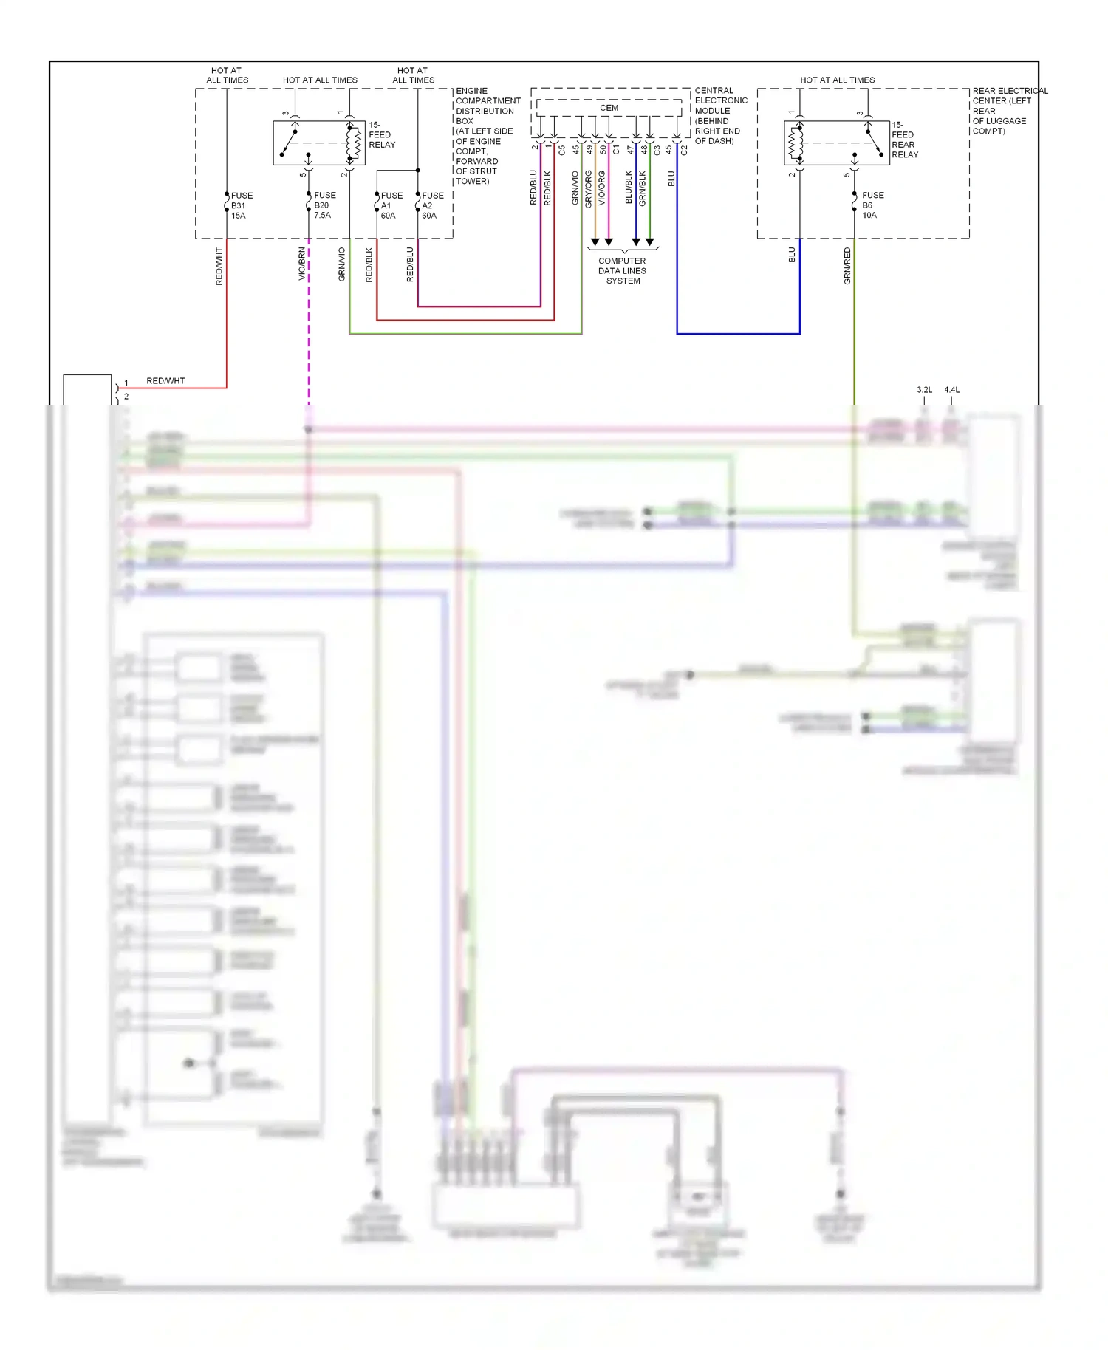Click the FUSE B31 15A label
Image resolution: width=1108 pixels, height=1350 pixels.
[x=241, y=205]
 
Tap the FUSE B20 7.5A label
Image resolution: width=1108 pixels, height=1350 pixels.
[x=324, y=205]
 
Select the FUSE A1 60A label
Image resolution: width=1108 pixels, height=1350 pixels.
[x=391, y=205]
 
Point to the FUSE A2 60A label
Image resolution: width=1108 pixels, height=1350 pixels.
[x=432, y=205]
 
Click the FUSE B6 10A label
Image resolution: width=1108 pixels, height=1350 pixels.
[x=872, y=205]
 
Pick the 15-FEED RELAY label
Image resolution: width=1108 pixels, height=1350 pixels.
[x=381, y=134]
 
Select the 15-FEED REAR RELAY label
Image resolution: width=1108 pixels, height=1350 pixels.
[x=904, y=140]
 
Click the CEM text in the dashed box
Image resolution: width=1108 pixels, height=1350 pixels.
[x=609, y=108]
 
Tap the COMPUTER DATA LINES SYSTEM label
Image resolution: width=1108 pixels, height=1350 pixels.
[x=622, y=271]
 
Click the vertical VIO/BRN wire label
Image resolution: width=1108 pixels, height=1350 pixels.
[x=302, y=264]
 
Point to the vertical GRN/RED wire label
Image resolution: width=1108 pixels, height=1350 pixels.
[x=847, y=266]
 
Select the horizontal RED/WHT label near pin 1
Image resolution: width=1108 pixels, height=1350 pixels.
[x=165, y=381]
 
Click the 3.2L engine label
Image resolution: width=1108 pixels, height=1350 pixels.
[x=924, y=390]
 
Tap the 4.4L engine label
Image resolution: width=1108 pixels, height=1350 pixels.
[x=951, y=390]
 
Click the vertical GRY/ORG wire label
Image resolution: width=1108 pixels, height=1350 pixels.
[x=589, y=189]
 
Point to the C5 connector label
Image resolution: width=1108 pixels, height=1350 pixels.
[x=562, y=150]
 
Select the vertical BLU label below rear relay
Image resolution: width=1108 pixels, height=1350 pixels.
[x=792, y=255]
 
